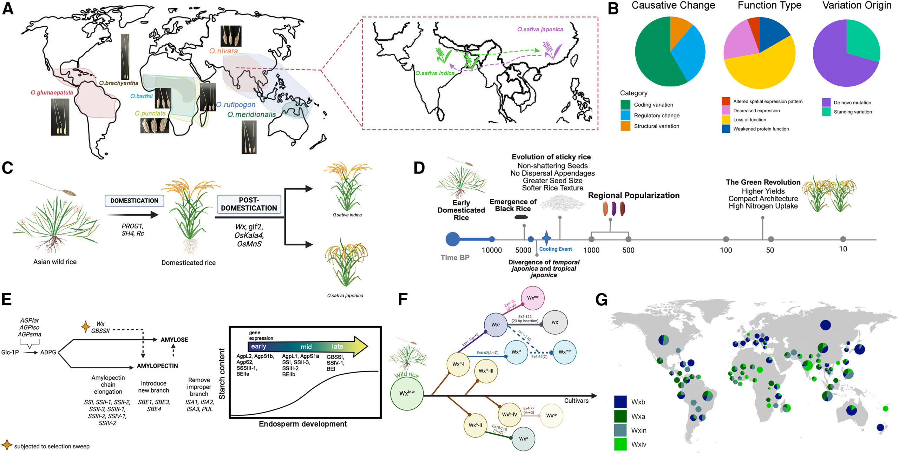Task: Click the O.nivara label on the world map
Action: (224, 51)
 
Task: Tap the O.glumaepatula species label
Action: (52, 93)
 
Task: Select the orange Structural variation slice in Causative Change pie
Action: (679, 32)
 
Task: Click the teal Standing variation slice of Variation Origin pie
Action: (862, 39)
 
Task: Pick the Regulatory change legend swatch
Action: (625, 116)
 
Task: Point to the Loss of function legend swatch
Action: (726, 120)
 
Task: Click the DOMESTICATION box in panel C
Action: (134, 201)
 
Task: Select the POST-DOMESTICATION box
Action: (249, 204)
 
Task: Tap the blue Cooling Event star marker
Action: (546, 238)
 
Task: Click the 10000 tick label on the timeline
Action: (491, 250)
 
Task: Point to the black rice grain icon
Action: (521, 217)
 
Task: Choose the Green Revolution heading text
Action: (763, 182)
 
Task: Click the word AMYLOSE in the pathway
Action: (174, 340)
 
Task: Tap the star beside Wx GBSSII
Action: (85, 327)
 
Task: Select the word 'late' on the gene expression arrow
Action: (337, 347)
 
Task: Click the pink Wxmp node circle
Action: (532, 298)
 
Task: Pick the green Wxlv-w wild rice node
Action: (407, 394)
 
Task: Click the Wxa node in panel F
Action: (523, 439)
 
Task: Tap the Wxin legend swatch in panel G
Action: (620, 430)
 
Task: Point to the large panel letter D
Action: (419, 168)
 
